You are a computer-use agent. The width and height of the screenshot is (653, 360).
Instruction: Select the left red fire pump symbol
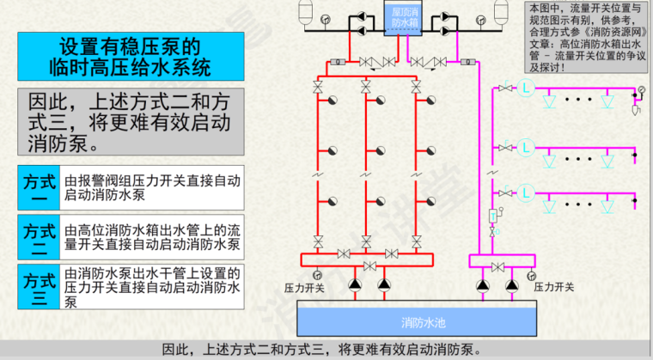355,284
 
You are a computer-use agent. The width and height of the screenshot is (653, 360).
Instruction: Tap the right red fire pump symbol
383,284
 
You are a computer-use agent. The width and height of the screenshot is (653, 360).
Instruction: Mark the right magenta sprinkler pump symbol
512,284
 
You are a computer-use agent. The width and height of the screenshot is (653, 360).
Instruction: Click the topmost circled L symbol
528,88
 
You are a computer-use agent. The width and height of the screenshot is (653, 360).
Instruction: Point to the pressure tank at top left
303,13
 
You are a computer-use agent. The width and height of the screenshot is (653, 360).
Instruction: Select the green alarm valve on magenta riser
494,216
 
